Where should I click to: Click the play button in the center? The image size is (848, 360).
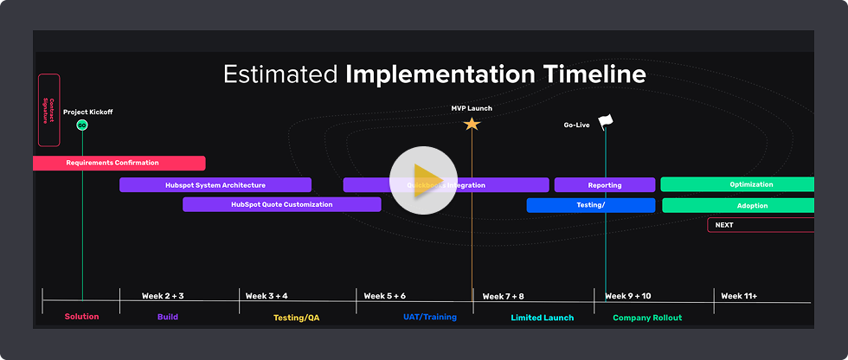(x=423, y=182)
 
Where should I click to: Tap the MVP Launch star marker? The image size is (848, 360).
(x=472, y=124)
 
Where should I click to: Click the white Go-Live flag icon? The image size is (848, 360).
(x=605, y=121)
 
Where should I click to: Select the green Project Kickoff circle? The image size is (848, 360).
(x=82, y=125)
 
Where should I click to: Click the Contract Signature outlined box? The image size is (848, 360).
(x=49, y=110)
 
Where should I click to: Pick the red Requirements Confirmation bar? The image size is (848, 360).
(x=119, y=163)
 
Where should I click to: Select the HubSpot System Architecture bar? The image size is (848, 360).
(x=215, y=184)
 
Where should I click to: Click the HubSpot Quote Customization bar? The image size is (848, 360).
(x=281, y=204)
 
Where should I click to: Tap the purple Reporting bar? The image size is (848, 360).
(x=605, y=184)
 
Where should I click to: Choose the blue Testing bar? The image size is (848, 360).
(x=590, y=205)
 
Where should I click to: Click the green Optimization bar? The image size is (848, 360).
(x=738, y=184)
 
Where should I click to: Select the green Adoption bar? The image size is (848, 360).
(x=739, y=205)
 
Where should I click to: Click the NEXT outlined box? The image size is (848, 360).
(x=760, y=225)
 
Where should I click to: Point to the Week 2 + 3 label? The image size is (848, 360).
(x=163, y=296)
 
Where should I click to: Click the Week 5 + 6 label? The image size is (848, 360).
(x=384, y=296)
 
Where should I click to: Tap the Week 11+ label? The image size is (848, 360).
(x=739, y=296)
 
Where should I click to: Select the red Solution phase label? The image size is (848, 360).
(x=82, y=317)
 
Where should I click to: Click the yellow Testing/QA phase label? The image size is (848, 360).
(x=296, y=318)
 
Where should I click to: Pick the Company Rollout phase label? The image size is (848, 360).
(x=647, y=318)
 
